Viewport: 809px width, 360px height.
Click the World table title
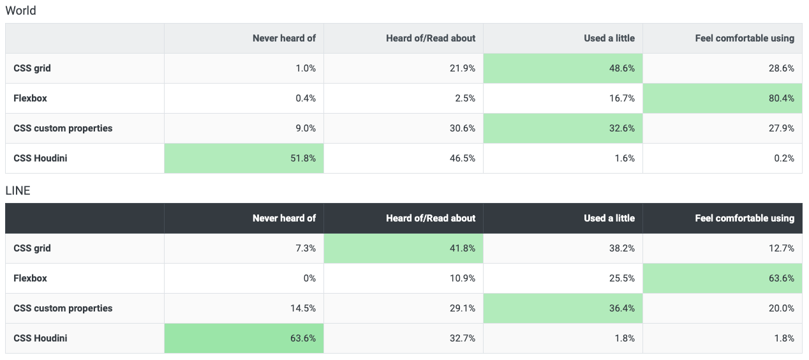click(x=20, y=11)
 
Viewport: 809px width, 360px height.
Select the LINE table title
click(x=18, y=191)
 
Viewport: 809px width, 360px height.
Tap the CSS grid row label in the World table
click(x=32, y=68)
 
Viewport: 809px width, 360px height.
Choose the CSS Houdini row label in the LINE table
click(x=40, y=338)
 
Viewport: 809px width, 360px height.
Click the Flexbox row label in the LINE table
click(x=30, y=278)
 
